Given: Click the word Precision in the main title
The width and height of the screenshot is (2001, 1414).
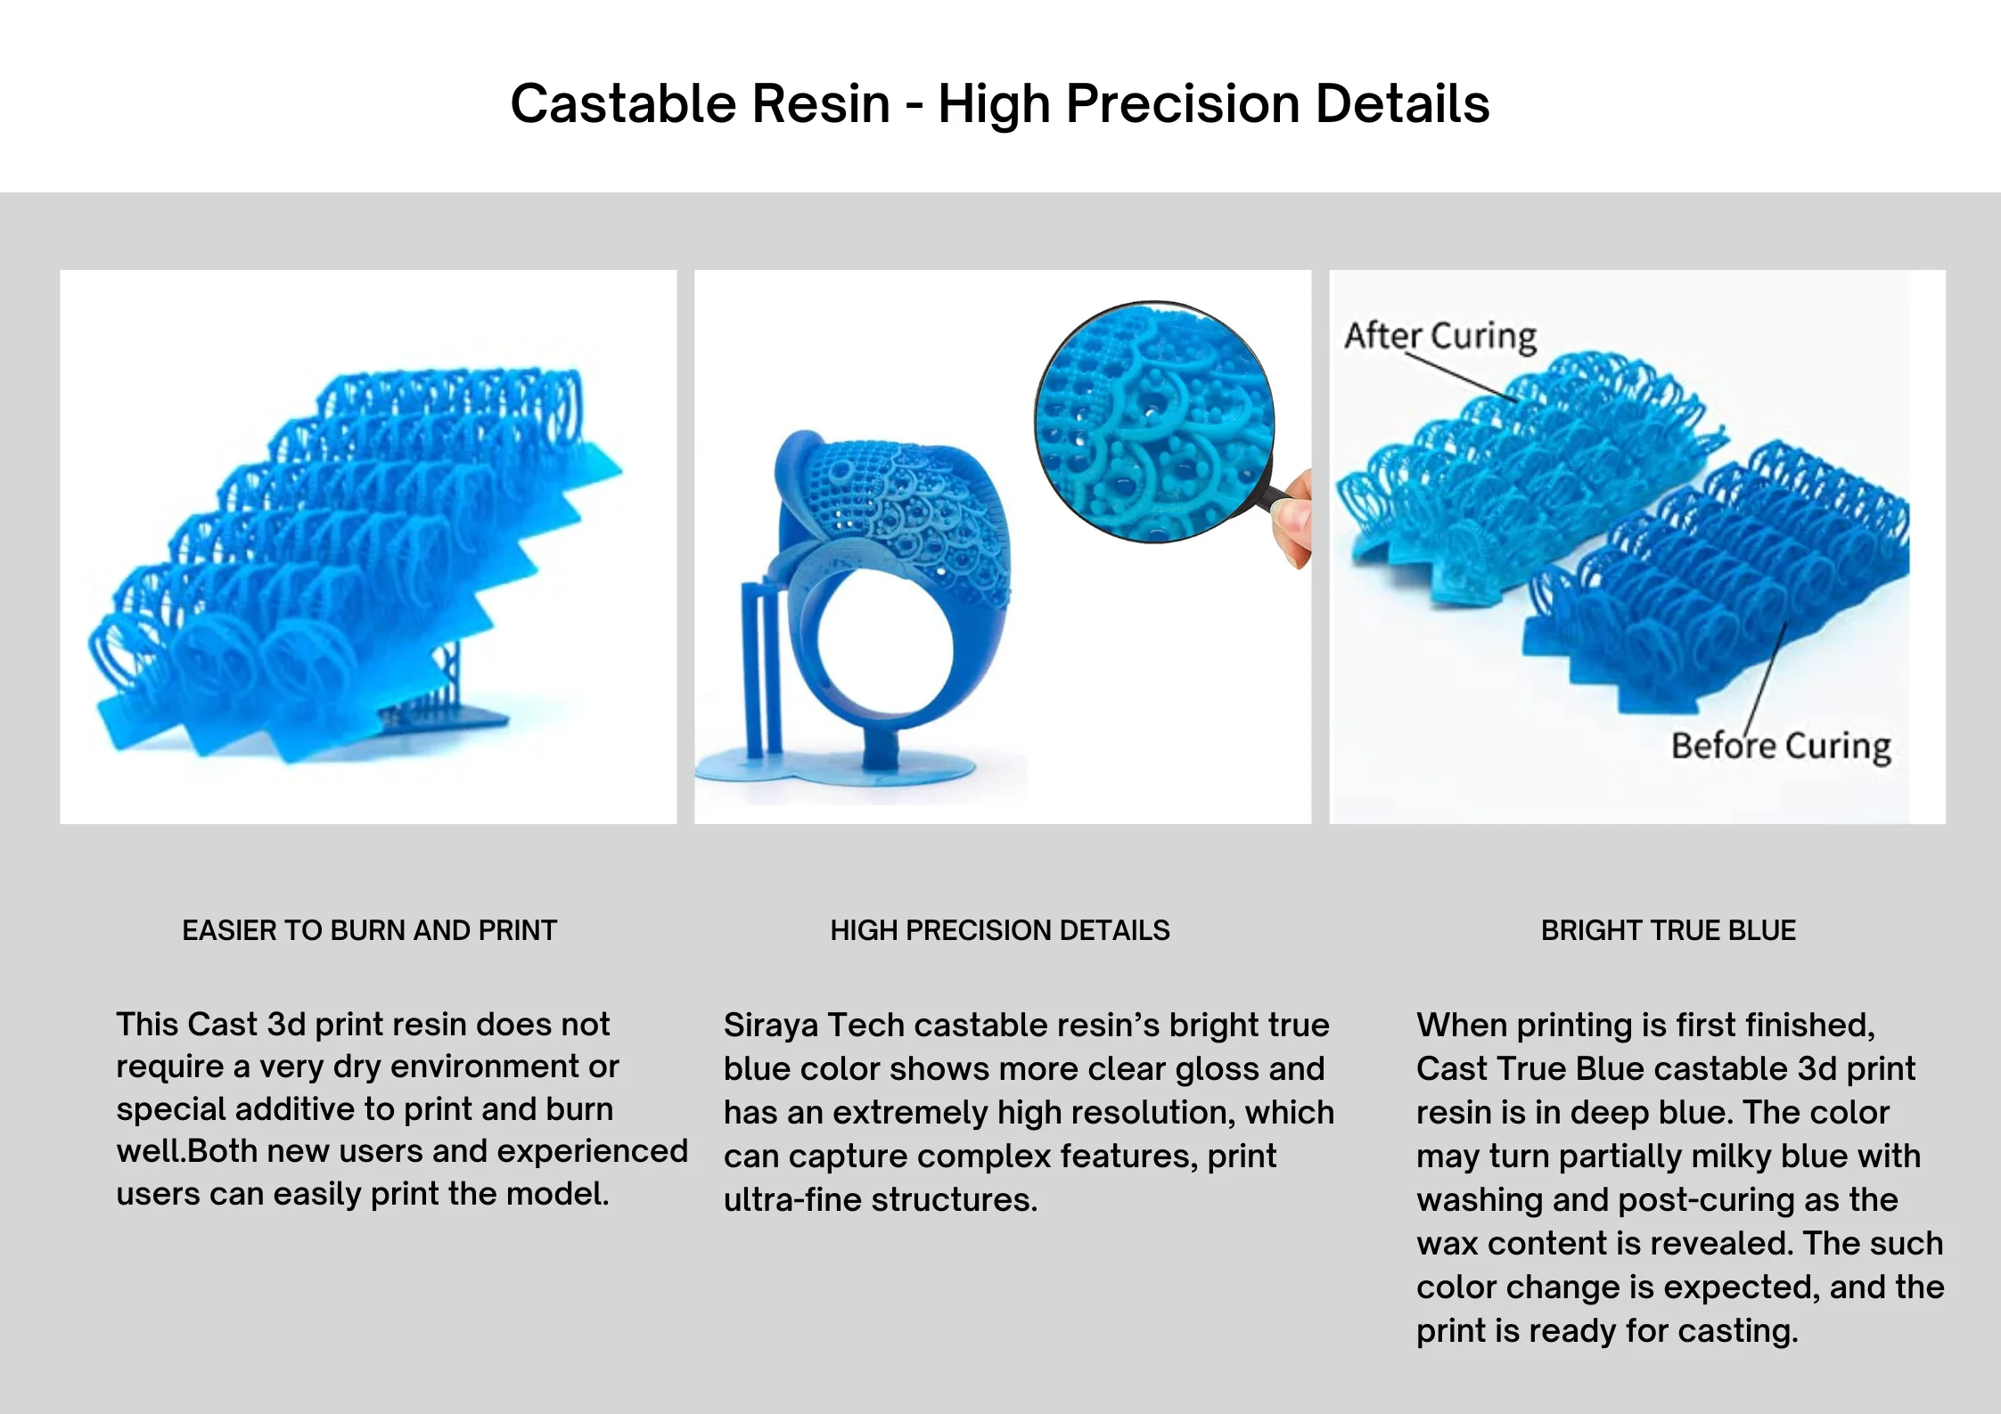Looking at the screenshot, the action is tap(1183, 103).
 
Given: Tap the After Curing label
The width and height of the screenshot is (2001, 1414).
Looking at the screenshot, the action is tap(1440, 336).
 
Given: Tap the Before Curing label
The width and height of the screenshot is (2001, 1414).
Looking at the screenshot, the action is tap(1781, 746).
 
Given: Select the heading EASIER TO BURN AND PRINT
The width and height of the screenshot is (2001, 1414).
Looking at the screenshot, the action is tap(369, 930).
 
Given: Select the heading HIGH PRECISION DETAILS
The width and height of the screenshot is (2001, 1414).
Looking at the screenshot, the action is tap(999, 930).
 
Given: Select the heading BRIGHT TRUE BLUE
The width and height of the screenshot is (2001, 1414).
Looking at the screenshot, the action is tap(1668, 930).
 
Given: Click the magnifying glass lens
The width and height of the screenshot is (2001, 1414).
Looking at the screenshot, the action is tap(1155, 421).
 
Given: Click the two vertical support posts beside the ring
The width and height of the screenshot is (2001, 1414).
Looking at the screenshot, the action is tap(761, 668).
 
